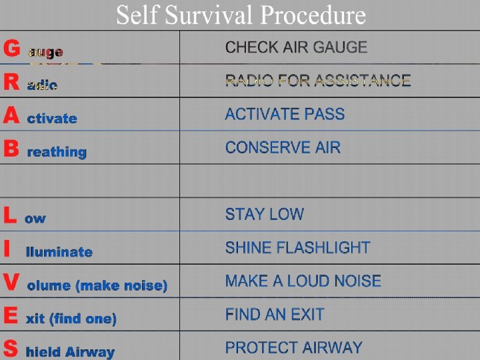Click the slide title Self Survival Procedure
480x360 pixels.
(x=241, y=15)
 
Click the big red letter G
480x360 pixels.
(x=11, y=49)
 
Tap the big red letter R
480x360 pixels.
(x=11, y=82)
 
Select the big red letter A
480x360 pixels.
(x=11, y=116)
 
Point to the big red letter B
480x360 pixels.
(x=11, y=149)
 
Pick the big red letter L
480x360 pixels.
(x=9, y=215)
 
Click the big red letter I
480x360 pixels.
(x=7, y=249)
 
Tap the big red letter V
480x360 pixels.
(x=11, y=283)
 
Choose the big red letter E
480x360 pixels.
(x=11, y=316)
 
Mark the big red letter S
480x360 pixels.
(x=11, y=349)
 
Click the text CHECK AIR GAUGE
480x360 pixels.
(x=296, y=47)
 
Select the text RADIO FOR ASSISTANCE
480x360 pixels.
(x=317, y=81)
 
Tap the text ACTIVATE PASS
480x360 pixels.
(x=285, y=114)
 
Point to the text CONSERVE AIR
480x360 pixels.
(x=283, y=147)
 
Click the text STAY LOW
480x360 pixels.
(x=264, y=214)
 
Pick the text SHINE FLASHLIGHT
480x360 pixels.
(x=297, y=247)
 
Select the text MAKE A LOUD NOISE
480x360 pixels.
(x=303, y=281)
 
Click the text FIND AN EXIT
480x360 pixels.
(x=275, y=314)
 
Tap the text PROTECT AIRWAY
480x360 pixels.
(x=293, y=347)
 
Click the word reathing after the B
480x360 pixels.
(x=57, y=152)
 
